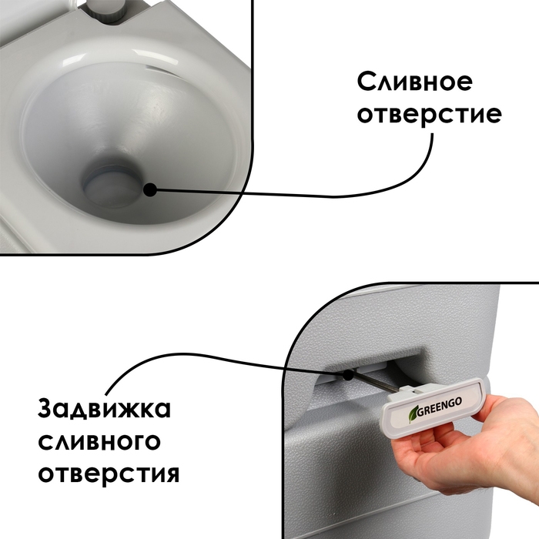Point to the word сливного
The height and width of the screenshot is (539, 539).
pos(100,440)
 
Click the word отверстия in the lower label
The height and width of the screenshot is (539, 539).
pos(109,472)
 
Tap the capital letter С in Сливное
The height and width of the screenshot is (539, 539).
pos(365,82)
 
